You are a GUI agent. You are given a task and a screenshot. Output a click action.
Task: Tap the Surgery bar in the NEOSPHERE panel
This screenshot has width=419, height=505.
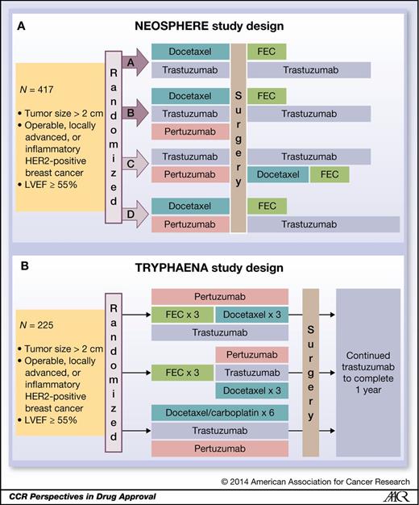coord(239,138)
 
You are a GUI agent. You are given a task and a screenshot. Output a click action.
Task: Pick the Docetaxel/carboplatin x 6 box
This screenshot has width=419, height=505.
coord(220,413)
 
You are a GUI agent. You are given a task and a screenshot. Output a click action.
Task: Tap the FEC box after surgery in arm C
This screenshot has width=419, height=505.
coord(329,174)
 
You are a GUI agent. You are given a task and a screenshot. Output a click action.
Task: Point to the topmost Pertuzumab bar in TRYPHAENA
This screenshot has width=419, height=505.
coord(220,298)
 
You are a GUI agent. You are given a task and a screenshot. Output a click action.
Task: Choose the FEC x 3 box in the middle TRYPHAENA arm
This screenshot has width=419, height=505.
coord(181,374)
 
